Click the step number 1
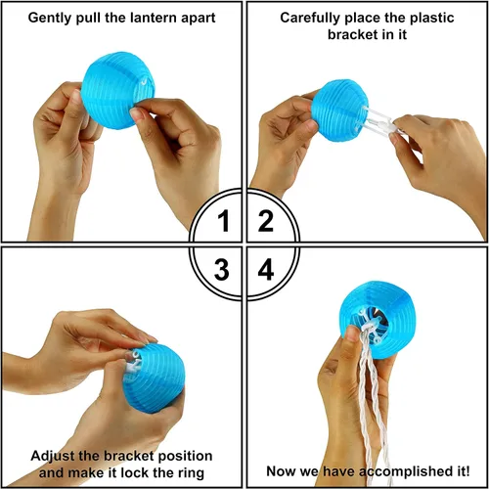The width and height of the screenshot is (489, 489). [224, 221]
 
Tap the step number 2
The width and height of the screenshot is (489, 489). [266, 221]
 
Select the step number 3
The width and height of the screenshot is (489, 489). [222, 269]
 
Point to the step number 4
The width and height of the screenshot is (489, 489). [266, 269]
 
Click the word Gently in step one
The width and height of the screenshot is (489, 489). [51, 18]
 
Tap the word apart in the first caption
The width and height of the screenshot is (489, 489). [199, 19]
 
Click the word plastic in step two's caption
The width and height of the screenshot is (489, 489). [432, 18]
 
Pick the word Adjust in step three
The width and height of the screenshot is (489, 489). [54, 457]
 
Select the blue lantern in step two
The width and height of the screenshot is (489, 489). [339, 111]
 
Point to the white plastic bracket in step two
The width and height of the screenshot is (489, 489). [379, 119]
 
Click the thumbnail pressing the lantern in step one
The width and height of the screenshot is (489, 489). [135, 113]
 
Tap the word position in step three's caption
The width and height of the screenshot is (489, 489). [185, 457]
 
